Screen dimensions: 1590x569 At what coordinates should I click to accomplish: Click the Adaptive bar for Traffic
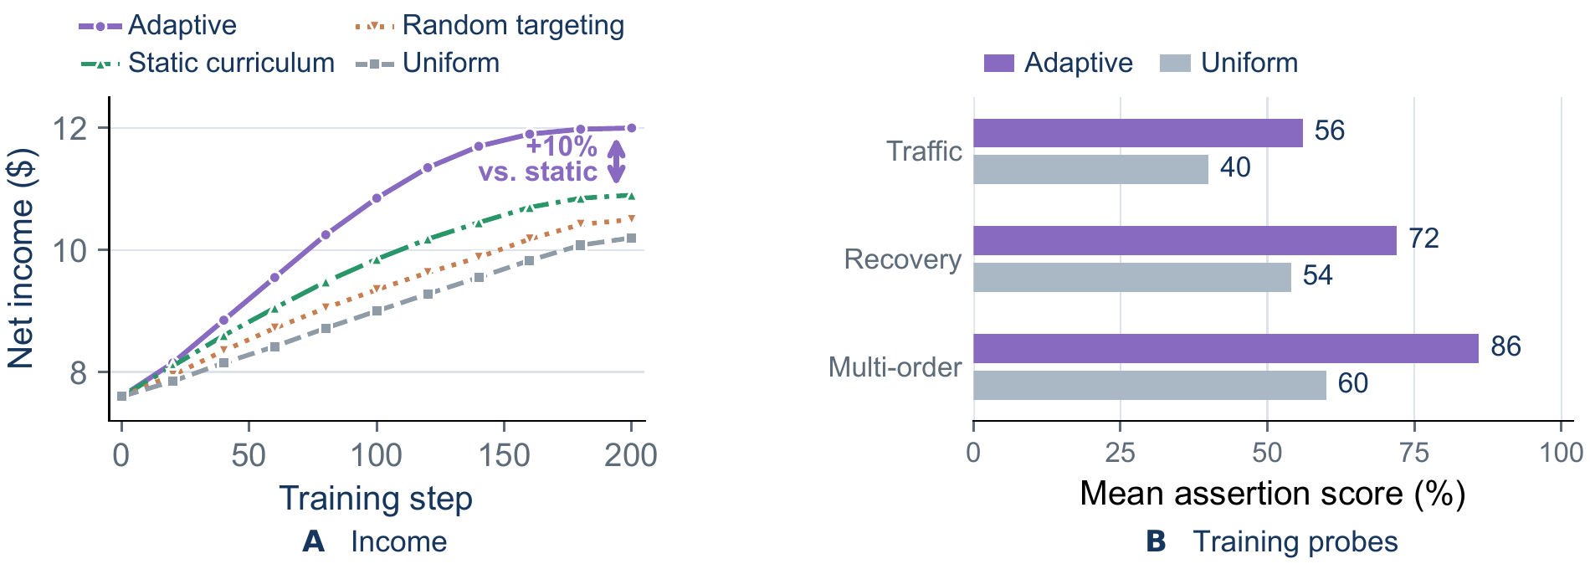1138,133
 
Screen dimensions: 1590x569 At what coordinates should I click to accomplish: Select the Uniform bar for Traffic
1090,169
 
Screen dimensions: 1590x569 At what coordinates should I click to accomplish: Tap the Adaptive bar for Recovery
1185,241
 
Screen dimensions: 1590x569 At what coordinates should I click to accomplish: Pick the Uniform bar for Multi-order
1150,385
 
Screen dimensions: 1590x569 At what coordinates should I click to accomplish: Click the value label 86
1505,346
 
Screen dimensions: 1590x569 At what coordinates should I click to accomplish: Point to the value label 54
1318,275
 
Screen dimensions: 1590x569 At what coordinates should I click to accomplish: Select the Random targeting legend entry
489,25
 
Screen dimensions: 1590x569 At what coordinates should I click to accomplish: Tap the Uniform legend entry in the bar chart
1229,63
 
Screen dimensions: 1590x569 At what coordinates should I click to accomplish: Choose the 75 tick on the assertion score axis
1414,453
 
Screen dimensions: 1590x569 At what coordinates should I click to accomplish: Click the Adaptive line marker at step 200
631,128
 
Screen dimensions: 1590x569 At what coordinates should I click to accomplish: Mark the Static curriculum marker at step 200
631,196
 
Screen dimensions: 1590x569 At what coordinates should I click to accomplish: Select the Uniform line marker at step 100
377,310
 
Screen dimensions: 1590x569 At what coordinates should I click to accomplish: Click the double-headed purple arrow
616,161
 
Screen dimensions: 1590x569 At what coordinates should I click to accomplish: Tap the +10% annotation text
562,146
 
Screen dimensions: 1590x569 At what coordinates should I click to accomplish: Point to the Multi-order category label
895,367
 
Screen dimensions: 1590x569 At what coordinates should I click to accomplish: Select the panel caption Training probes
1295,541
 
